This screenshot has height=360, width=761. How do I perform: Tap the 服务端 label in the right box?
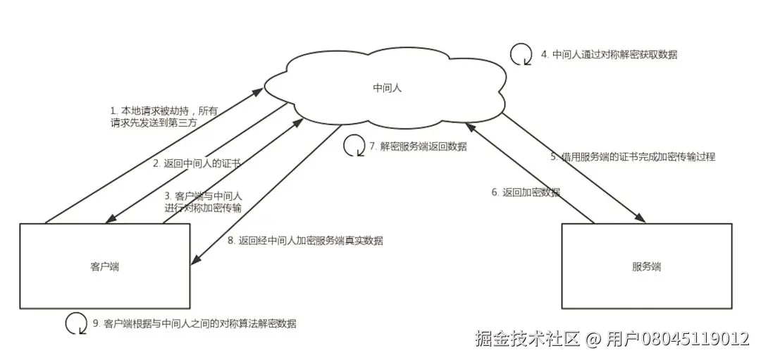pos(646,267)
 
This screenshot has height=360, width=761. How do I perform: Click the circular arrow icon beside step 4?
pos(521,54)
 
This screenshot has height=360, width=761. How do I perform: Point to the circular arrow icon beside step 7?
pos(353,146)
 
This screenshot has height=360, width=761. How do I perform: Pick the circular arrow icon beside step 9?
pos(76,323)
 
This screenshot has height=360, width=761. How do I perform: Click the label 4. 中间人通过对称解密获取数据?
pos(609,54)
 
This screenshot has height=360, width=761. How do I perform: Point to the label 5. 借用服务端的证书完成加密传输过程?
pos(633,156)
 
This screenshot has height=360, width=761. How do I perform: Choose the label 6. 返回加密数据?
pos(526,192)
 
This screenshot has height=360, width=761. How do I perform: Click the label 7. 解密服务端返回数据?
pos(418,147)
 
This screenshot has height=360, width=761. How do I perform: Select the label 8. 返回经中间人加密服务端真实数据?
pos(305,240)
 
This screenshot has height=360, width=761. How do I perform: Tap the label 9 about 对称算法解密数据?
pos(194,323)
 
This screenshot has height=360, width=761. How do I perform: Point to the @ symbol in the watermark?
pos(593,339)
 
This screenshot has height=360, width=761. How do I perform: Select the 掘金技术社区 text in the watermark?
pos(527,339)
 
